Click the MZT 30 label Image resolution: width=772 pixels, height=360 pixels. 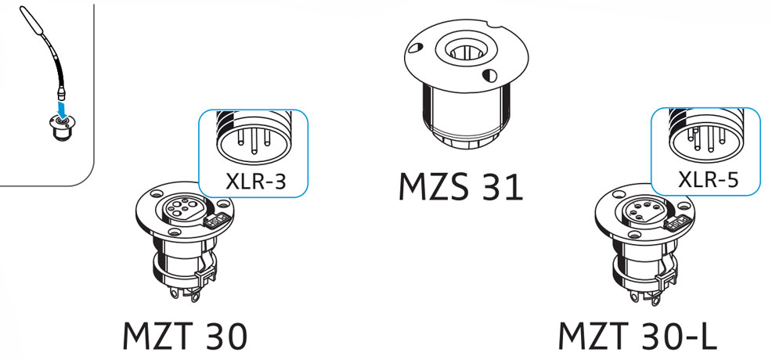pyautogui.click(x=185, y=335)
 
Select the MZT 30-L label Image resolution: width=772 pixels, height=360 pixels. pyautogui.click(x=636, y=335)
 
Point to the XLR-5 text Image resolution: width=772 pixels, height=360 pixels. pyautogui.click(x=709, y=179)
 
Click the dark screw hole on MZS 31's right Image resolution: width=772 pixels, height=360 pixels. pyautogui.click(x=489, y=75)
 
